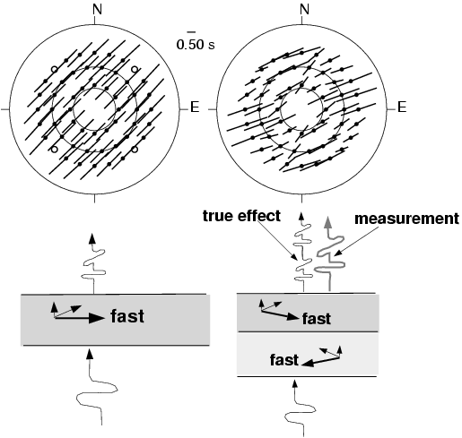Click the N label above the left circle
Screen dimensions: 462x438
[x=98, y=9]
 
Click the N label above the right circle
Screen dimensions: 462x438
[x=304, y=9]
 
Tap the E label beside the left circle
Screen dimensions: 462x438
[x=195, y=107]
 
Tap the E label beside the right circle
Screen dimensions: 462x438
[x=402, y=107]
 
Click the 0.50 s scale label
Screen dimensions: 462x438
[x=196, y=45]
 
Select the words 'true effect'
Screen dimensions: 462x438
[x=241, y=216]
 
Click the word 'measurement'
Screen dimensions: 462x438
[x=406, y=219]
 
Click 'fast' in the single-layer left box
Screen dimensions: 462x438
[x=127, y=316]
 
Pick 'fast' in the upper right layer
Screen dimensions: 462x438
[x=317, y=319]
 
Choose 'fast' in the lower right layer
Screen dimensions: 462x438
[x=284, y=360]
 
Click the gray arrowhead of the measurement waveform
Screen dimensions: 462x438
[x=328, y=222]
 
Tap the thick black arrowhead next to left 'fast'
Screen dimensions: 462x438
[x=97, y=318]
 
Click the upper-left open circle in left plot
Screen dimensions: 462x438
[x=54, y=69]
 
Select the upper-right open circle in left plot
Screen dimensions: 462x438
[x=135, y=69]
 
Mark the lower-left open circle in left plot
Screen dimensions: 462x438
[x=54, y=149]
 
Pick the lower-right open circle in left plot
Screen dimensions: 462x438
[x=135, y=149]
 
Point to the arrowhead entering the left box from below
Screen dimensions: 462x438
[x=89, y=354]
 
